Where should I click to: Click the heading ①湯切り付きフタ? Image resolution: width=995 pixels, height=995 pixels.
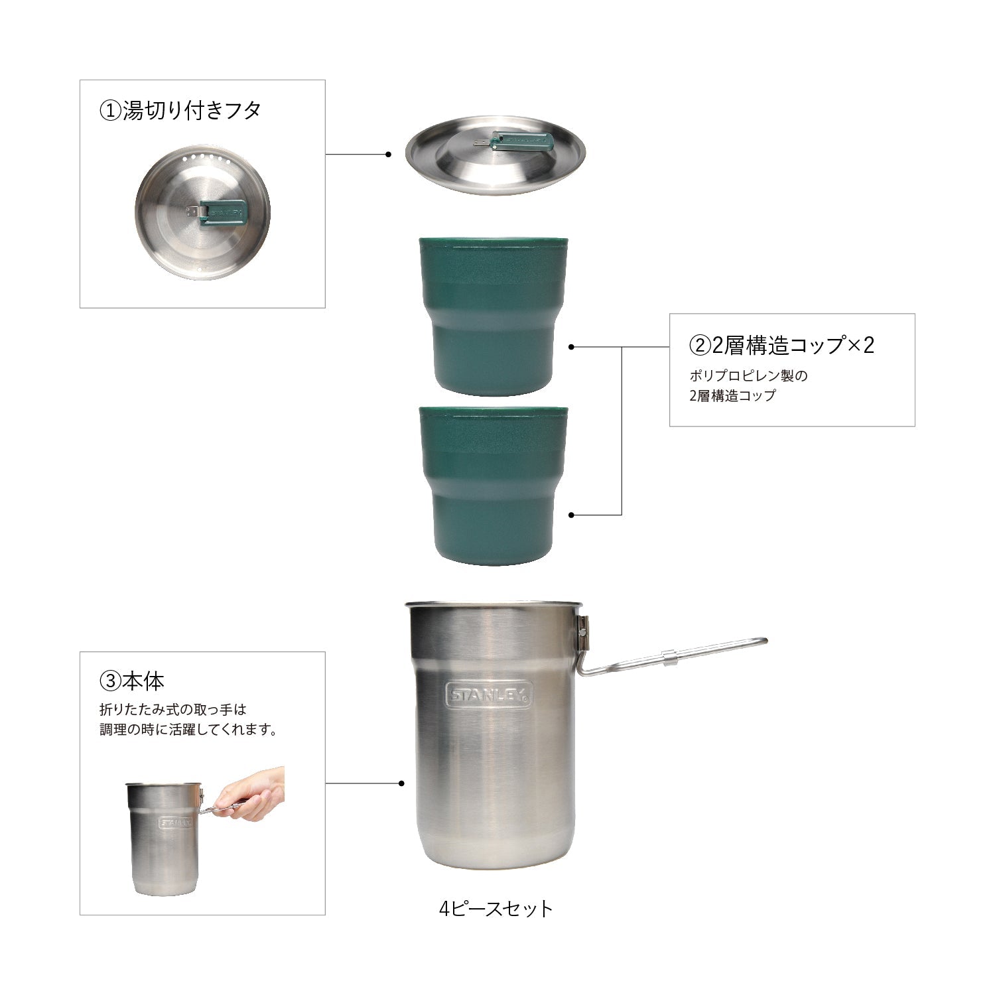[x=180, y=110]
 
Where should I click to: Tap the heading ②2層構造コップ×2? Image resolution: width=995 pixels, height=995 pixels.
[x=782, y=345]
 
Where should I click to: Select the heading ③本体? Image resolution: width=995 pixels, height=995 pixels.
[x=131, y=680]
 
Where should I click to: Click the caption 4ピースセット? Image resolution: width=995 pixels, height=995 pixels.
[x=496, y=908]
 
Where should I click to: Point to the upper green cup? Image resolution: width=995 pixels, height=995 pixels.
[x=493, y=314]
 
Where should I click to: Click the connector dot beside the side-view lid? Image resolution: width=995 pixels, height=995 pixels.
[x=388, y=155]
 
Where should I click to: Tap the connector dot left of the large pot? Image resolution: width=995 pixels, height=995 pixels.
[x=401, y=783]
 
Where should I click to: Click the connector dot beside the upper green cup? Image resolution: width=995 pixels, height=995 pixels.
[x=572, y=346]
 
